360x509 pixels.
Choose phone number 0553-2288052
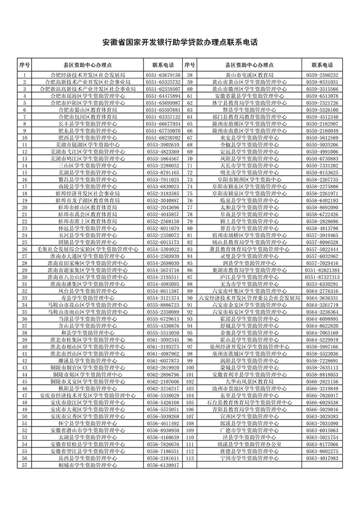click(163, 165)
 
